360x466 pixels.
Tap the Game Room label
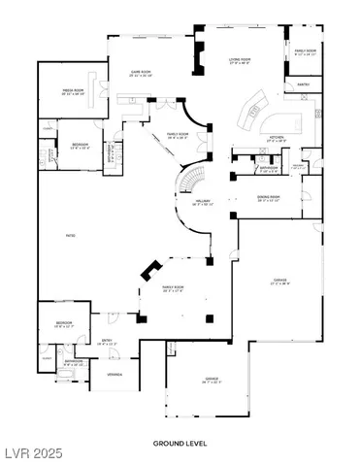point(133,73)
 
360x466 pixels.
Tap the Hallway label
point(203,203)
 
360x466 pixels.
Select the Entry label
point(107,342)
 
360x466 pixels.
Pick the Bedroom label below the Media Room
point(80,146)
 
